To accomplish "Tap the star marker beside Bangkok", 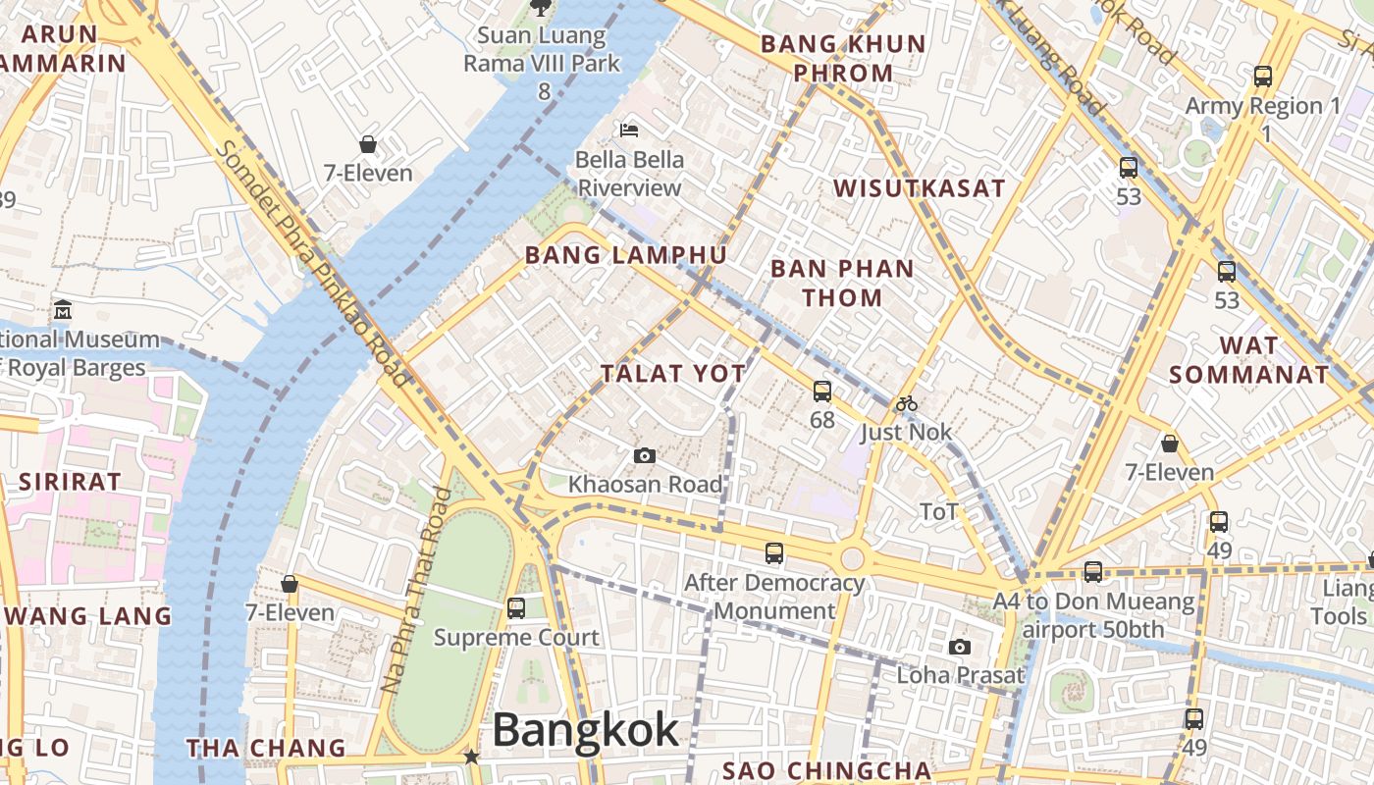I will [472, 756].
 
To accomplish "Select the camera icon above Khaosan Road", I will [644, 455].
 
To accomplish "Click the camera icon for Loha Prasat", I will [960, 647].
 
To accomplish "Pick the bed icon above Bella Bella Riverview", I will [629, 130].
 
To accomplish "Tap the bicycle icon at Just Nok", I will [906, 403].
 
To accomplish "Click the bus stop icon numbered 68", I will [822, 392].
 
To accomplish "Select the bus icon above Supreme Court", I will [516, 608].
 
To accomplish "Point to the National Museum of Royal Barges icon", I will [64, 309].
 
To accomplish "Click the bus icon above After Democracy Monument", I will [774, 553].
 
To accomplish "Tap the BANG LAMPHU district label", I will [625, 255].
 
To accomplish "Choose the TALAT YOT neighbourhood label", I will [673, 374].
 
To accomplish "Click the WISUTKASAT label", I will [919, 188].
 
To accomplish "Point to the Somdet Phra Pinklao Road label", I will [312, 263].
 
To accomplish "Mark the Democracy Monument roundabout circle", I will [852, 559].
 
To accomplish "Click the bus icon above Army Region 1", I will [1263, 76].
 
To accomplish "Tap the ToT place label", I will [939, 511].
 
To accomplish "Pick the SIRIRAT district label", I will [70, 482].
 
